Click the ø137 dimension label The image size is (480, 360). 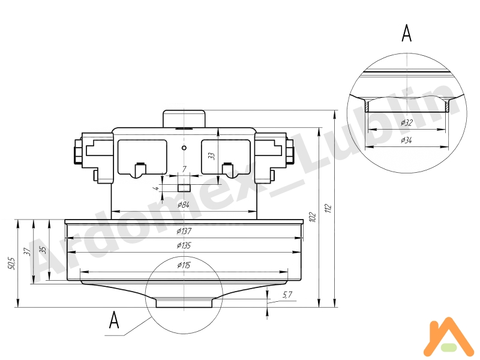tap(184, 232)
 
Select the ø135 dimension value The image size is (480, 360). tap(184, 245)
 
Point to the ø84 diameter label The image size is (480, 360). tap(184, 205)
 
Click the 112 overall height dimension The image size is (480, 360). tap(328, 209)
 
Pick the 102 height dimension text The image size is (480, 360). tap(311, 216)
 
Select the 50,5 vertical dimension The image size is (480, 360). tap(10, 263)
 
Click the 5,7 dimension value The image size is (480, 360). tap(287, 294)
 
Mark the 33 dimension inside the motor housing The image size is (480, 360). tap(211, 155)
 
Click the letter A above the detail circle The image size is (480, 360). tap(406, 34)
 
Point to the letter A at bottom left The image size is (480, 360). tap(114, 320)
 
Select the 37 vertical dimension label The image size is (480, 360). tap(26, 251)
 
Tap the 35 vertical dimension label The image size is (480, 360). tap(41, 250)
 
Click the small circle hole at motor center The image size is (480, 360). tap(184, 147)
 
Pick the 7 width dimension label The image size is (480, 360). tap(184, 170)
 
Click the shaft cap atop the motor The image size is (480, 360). tap(184, 118)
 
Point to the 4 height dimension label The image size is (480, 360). tap(157, 188)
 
